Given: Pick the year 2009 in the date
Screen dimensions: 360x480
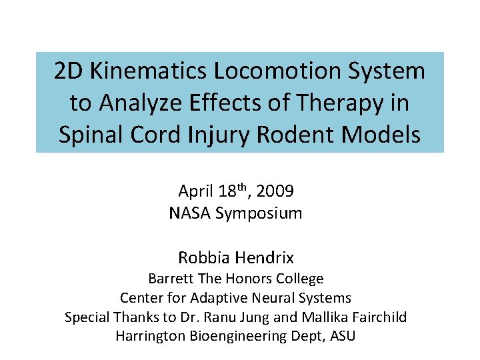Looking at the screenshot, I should (274, 192).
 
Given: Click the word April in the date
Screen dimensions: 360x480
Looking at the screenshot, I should (195, 192).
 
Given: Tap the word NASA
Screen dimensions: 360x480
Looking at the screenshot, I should (189, 214).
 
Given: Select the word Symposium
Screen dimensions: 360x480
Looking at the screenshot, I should (259, 214).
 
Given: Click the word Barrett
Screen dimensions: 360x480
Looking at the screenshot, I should (172, 279).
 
